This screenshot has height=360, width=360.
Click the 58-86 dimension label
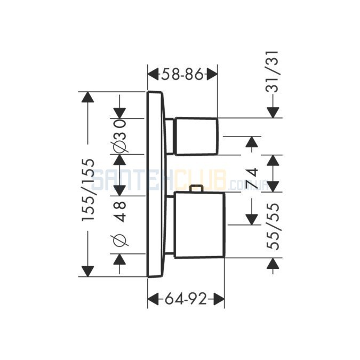pos(182,74)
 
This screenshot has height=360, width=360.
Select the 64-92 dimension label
pos(186,299)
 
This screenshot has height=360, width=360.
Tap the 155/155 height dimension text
pos(88,190)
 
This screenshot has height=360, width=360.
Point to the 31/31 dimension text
pos(273,71)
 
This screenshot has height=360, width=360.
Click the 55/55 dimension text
pos(273,226)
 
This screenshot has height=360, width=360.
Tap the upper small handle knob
pos(197,136)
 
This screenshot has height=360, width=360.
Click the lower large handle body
pos(199,225)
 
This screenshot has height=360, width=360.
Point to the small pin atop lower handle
pos(196,189)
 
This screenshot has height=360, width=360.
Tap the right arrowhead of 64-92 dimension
pos(219,299)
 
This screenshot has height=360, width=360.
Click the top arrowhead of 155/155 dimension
pos(87,98)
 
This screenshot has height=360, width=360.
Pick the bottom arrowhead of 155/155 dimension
pos(87,271)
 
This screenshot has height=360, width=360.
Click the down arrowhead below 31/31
pos(273,113)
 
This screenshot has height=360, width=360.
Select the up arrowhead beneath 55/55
pos(273,263)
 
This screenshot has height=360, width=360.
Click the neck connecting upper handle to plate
pos(170,136)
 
